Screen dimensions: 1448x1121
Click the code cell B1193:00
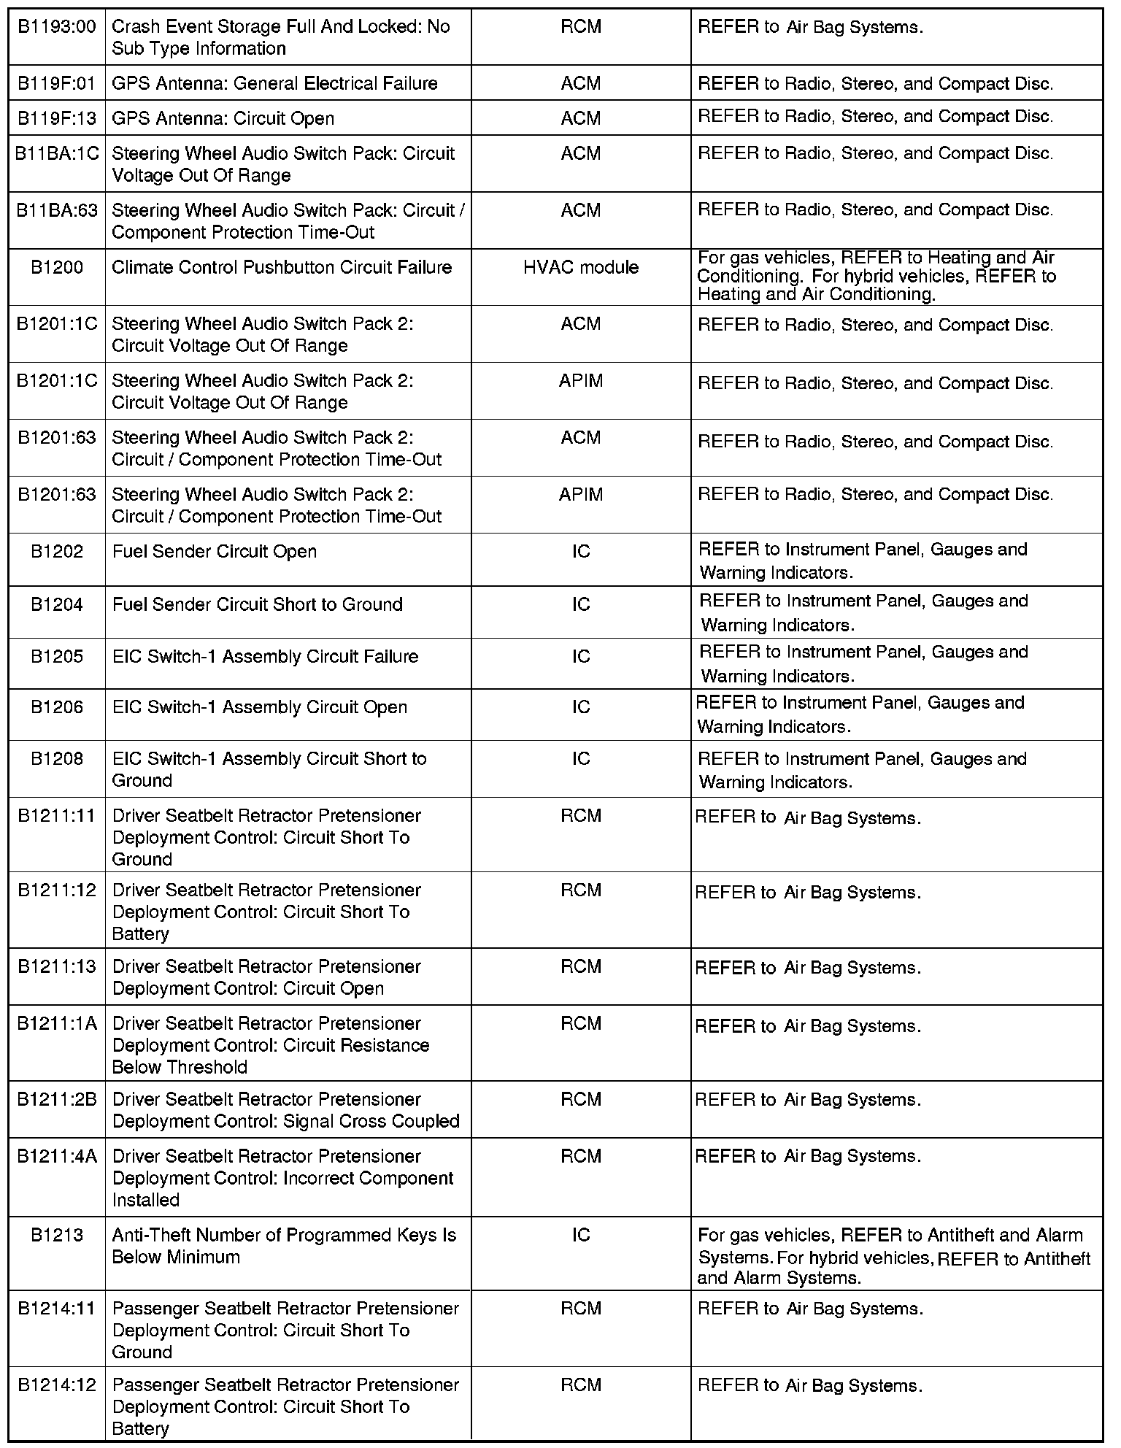tap(57, 27)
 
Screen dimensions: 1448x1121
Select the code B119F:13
tap(57, 118)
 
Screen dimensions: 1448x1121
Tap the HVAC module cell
tap(581, 268)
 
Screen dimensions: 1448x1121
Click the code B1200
tap(57, 268)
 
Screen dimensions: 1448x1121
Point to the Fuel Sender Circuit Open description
tap(215, 552)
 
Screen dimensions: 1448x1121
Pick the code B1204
tap(57, 605)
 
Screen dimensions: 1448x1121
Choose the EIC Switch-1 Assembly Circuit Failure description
tap(265, 657)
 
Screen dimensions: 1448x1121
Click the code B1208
tap(57, 759)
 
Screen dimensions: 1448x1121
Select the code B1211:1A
tap(57, 1024)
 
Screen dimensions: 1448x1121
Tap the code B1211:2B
tap(57, 1100)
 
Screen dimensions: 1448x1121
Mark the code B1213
tap(57, 1236)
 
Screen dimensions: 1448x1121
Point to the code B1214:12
tap(57, 1385)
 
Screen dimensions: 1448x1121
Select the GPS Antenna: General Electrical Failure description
tap(274, 84)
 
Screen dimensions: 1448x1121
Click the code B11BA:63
tap(57, 211)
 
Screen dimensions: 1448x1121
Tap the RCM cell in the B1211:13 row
tap(581, 967)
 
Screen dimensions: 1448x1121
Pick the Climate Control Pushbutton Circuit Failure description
tap(282, 268)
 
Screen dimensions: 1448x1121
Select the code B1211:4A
tap(57, 1157)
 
